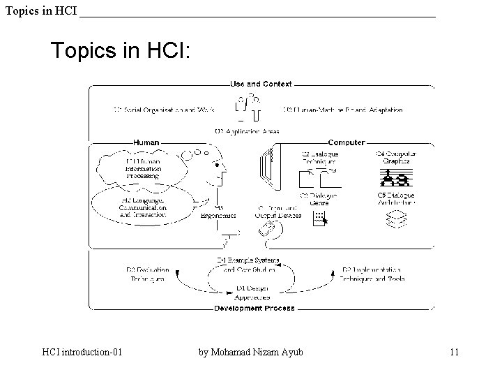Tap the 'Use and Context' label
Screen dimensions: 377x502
click(261, 84)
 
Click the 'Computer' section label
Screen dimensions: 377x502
click(346, 142)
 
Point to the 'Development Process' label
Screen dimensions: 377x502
click(254, 308)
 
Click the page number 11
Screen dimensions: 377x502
click(454, 352)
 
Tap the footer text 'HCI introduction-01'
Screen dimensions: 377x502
click(82, 352)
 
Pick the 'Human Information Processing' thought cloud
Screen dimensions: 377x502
click(144, 168)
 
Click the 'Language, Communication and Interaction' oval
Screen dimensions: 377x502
click(143, 207)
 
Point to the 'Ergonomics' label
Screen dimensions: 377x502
click(219, 212)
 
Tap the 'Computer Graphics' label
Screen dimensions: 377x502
click(396, 157)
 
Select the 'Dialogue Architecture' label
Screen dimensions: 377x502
click(396, 199)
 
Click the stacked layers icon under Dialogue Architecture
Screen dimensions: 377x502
click(396, 220)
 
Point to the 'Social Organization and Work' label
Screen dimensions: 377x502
click(164, 110)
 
